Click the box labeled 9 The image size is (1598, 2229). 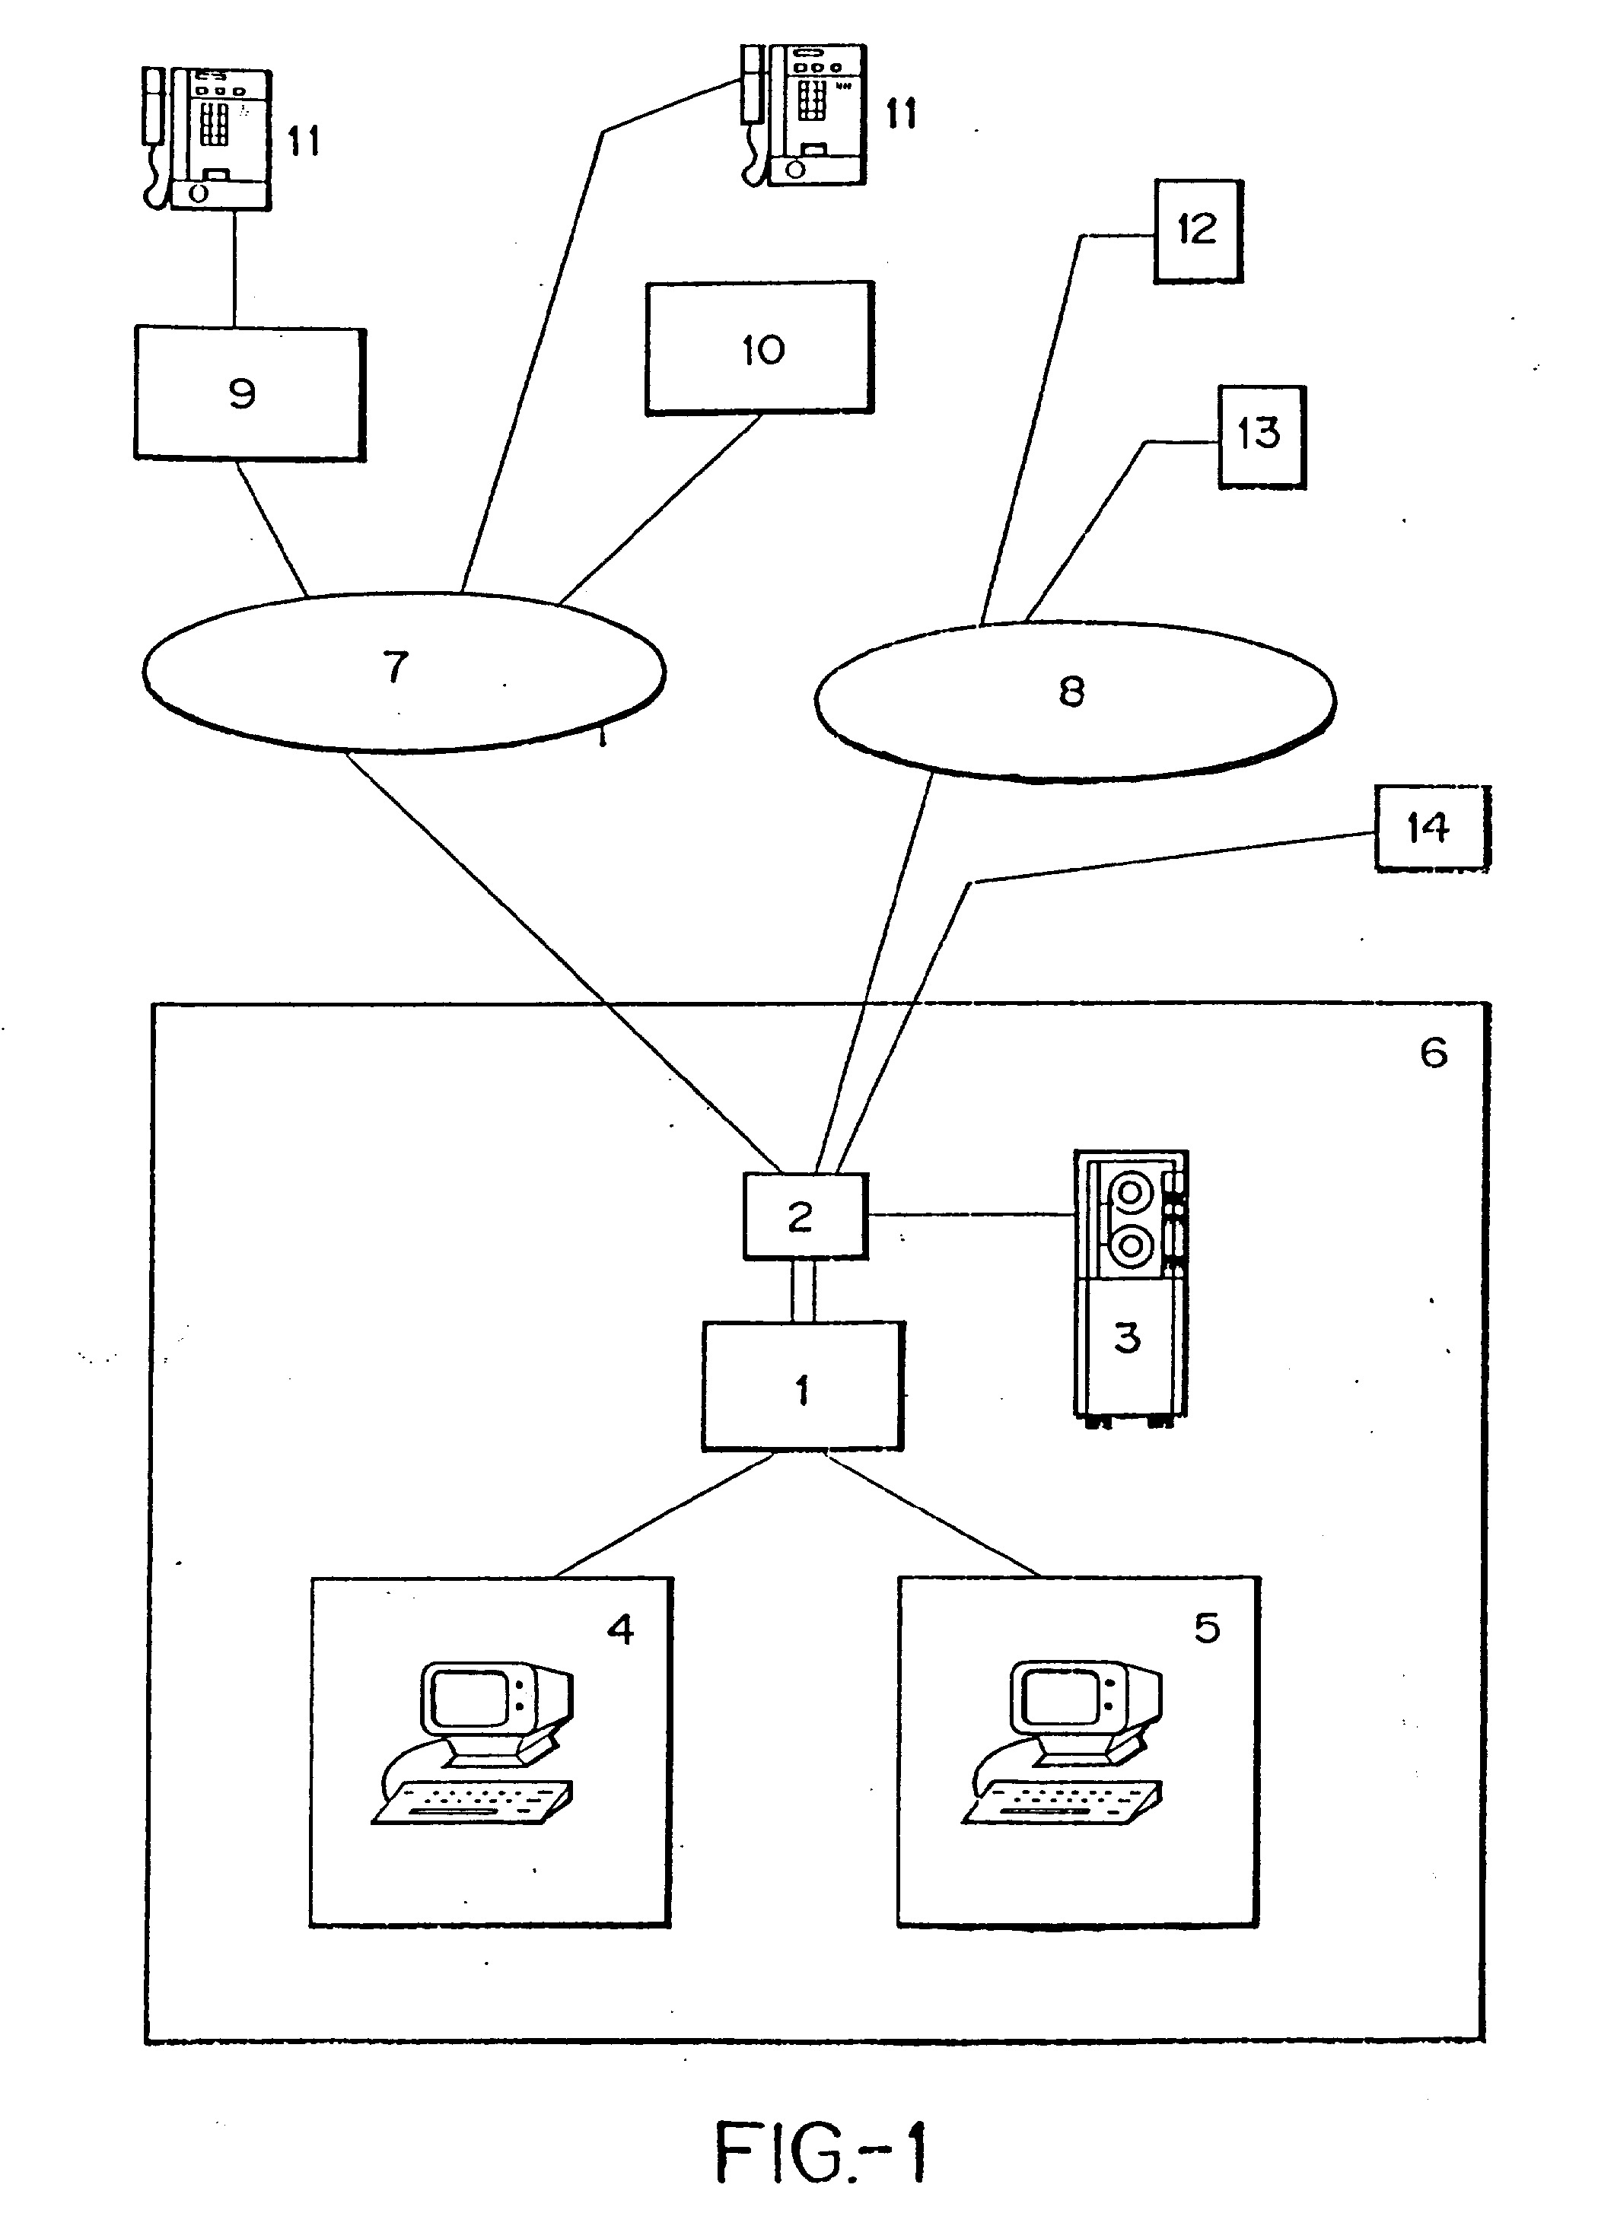(x=250, y=393)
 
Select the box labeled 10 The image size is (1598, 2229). (x=759, y=348)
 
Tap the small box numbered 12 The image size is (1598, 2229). (x=1198, y=231)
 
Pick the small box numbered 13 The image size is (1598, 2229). (x=1262, y=437)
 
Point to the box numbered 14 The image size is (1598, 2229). (x=1431, y=828)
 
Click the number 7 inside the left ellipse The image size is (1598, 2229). (x=395, y=666)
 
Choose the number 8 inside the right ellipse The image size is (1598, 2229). (x=1071, y=692)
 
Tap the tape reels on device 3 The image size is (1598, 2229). (x=1129, y=1219)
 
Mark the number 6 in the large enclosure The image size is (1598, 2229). (x=1433, y=1053)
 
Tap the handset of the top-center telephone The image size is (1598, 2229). (x=753, y=97)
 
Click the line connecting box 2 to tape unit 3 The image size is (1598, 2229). (x=971, y=1216)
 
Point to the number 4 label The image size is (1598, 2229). (x=620, y=1630)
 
